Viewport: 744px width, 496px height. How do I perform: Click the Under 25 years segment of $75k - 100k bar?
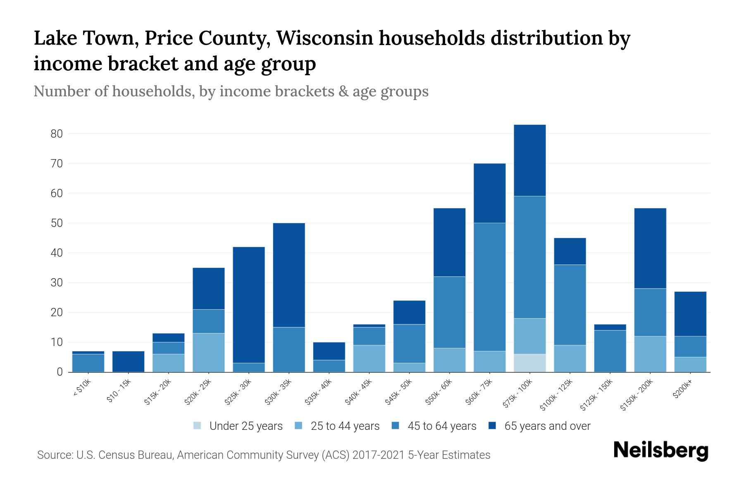pyautogui.click(x=530, y=363)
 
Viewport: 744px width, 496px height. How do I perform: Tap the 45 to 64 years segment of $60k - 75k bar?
pyautogui.click(x=489, y=287)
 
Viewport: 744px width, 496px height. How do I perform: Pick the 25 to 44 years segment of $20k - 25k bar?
pyautogui.click(x=209, y=353)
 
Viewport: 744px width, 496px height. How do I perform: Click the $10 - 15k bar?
pyautogui.click(x=129, y=362)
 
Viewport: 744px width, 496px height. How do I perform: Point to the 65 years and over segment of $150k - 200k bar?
pyautogui.click(x=650, y=248)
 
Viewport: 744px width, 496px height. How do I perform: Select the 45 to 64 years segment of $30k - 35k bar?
pyautogui.click(x=289, y=350)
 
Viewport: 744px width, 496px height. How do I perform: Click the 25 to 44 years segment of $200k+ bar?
pyautogui.click(x=690, y=365)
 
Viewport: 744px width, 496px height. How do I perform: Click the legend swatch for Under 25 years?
pyautogui.click(x=198, y=426)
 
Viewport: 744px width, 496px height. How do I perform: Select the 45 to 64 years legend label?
pyautogui.click(x=442, y=426)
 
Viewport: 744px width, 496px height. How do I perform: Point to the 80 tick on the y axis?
pyautogui.click(x=57, y=134)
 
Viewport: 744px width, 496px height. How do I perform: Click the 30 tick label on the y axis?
pyautogui.click(x=57, y=283)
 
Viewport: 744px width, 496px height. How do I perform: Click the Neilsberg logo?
pyautogui.click(x=661, y=451)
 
